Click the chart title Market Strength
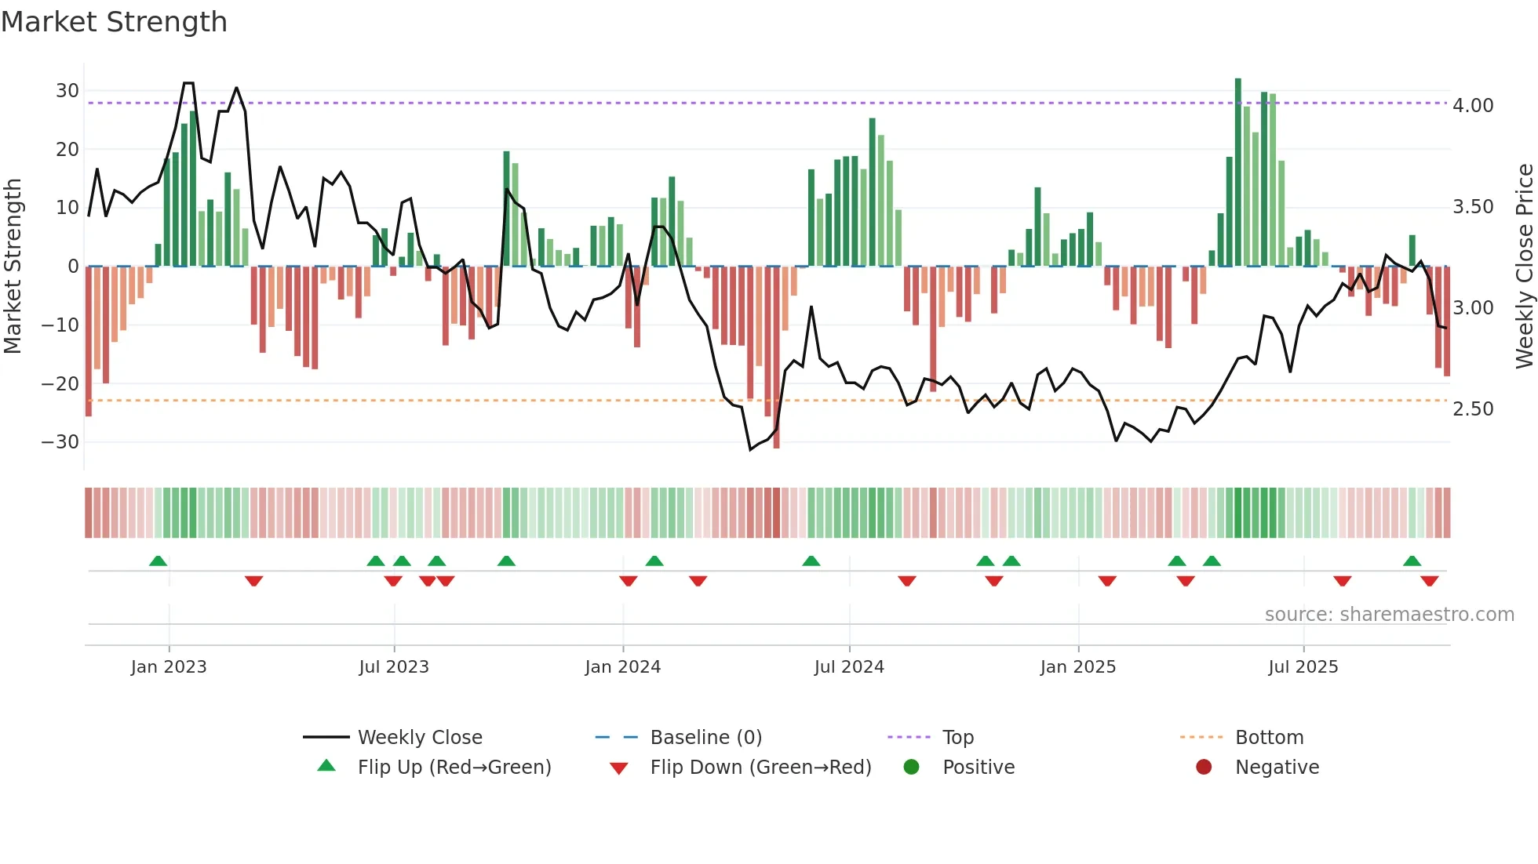tap(114, 22)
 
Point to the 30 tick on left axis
tap(67, 91)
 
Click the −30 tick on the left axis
tap(60, 442)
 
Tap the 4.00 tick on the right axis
tap(1473, 106)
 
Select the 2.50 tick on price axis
tap(1473, 409)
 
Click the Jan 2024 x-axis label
tap(623, 667)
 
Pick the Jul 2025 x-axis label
tap(1303, 667)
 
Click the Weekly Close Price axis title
tap(1524, 267)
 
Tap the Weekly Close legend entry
tap(419, 738)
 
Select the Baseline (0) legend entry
tap(705, 738)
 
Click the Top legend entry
tap(957, 738)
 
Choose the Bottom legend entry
tap(1269, 738)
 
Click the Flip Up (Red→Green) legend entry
tap(454, 768)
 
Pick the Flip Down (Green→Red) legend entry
tap(760, 768)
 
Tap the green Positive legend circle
tap(911, 767)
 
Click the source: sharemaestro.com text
tap(1389, 615)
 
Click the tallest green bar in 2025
tap(1238, 172)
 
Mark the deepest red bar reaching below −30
tap(776, 357)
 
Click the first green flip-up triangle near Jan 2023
tap(158, 561)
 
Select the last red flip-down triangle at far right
tap(1429, 581)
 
